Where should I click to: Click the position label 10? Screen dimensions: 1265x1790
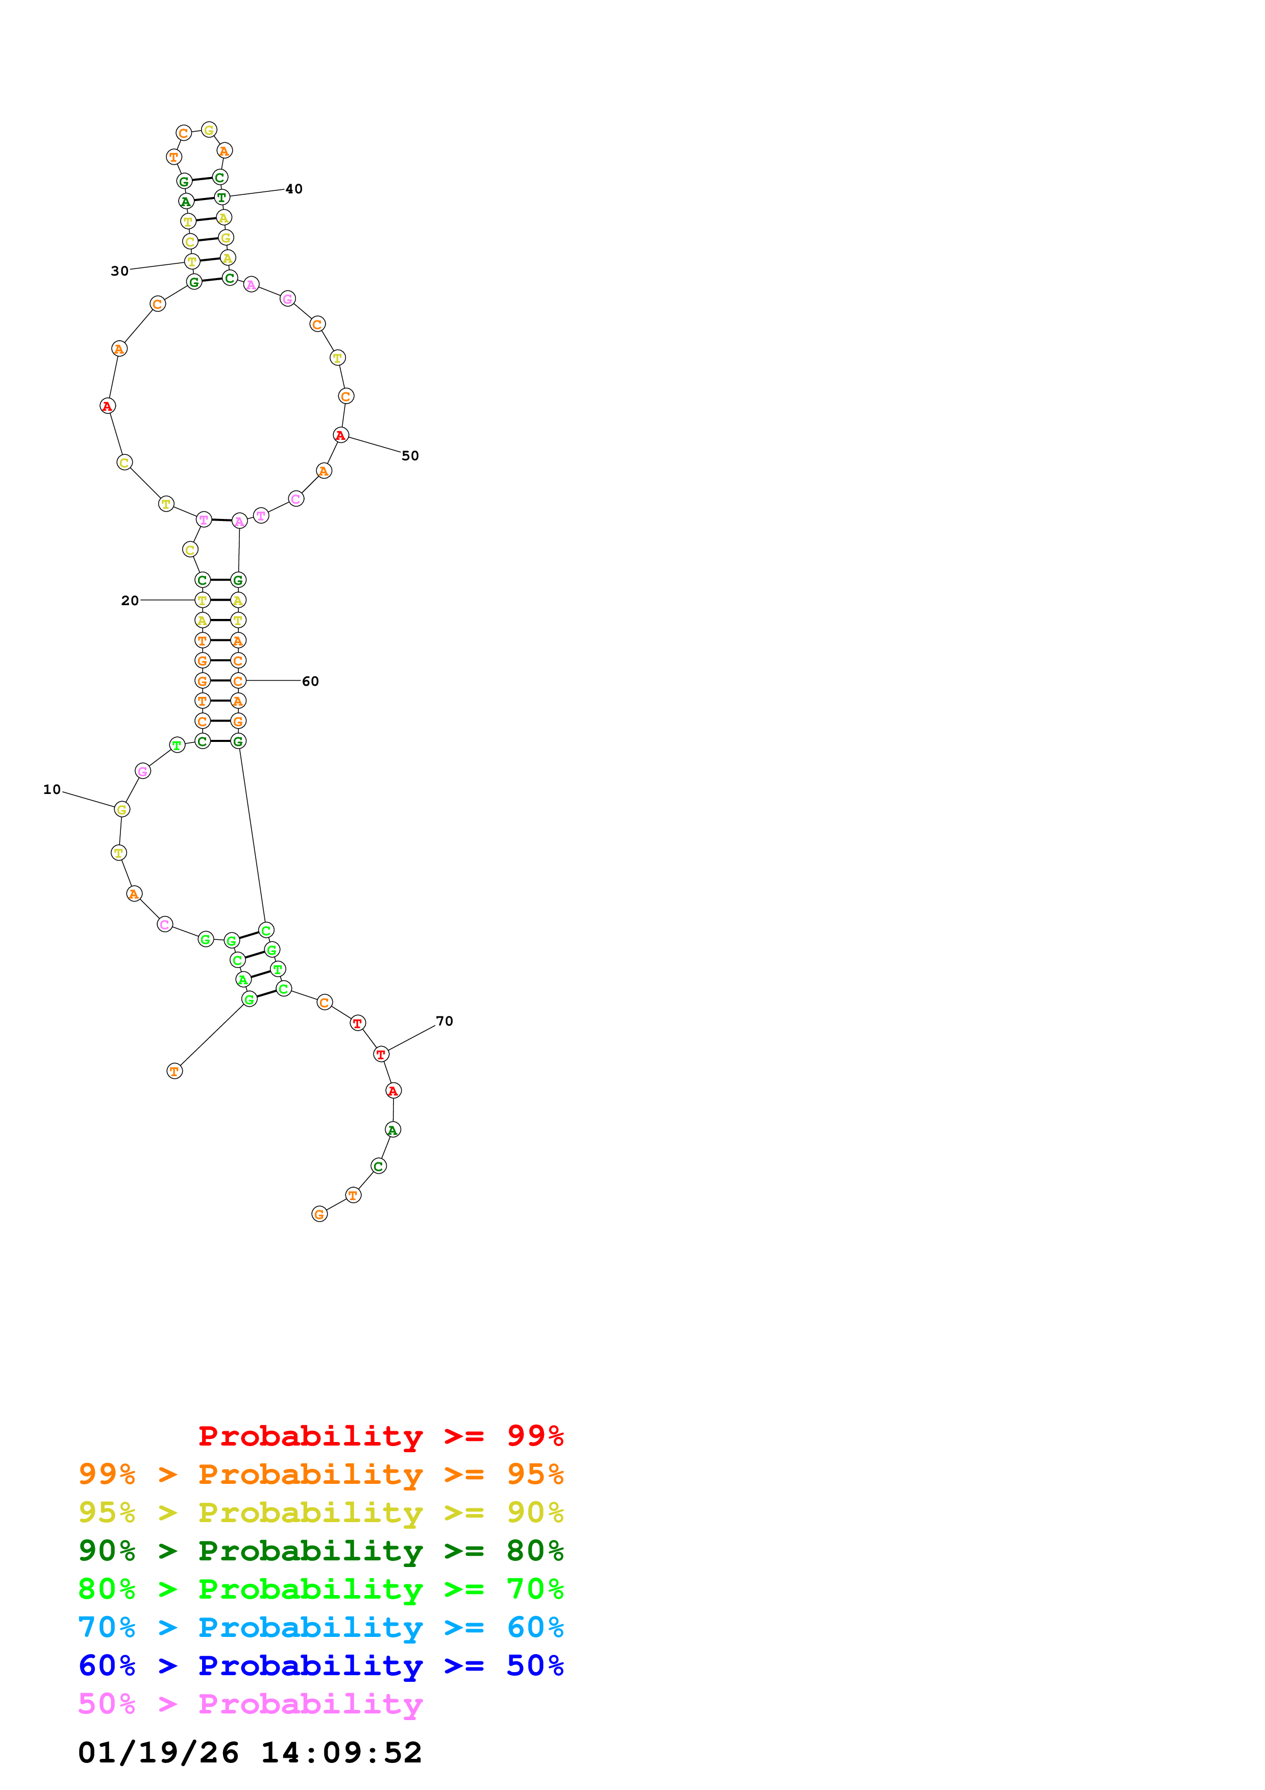[52, 790]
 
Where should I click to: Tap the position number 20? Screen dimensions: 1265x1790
[130, 600]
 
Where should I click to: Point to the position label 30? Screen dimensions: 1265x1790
[119, 271]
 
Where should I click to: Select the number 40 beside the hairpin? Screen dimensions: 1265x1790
[294, 189]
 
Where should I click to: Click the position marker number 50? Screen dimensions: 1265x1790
[410, 456]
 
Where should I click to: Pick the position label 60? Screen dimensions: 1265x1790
[310, 681]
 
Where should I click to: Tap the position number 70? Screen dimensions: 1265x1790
[444, 1022]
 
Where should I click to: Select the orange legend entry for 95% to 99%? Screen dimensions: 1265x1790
[321, 1474]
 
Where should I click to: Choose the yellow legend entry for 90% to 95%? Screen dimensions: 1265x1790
[321, 1512]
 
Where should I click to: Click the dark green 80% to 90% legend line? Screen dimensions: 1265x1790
[321, 1551]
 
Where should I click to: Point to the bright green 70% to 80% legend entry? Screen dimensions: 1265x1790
[321, 1589]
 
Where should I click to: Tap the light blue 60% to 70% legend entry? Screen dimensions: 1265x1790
[321, 1627]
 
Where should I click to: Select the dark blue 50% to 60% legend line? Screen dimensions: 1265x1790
[321, 1665]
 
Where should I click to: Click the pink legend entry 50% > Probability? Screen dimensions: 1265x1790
[250, 1703]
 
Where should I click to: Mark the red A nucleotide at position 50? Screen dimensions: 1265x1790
[340, 435]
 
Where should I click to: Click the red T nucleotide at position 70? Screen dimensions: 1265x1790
[380, 1054]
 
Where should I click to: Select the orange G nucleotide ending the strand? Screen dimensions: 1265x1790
[319, 1214]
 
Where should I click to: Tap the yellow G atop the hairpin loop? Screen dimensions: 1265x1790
[209, 130]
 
